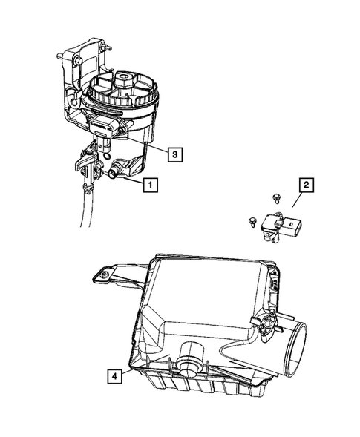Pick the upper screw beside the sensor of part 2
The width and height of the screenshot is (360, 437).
pos(276,197)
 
